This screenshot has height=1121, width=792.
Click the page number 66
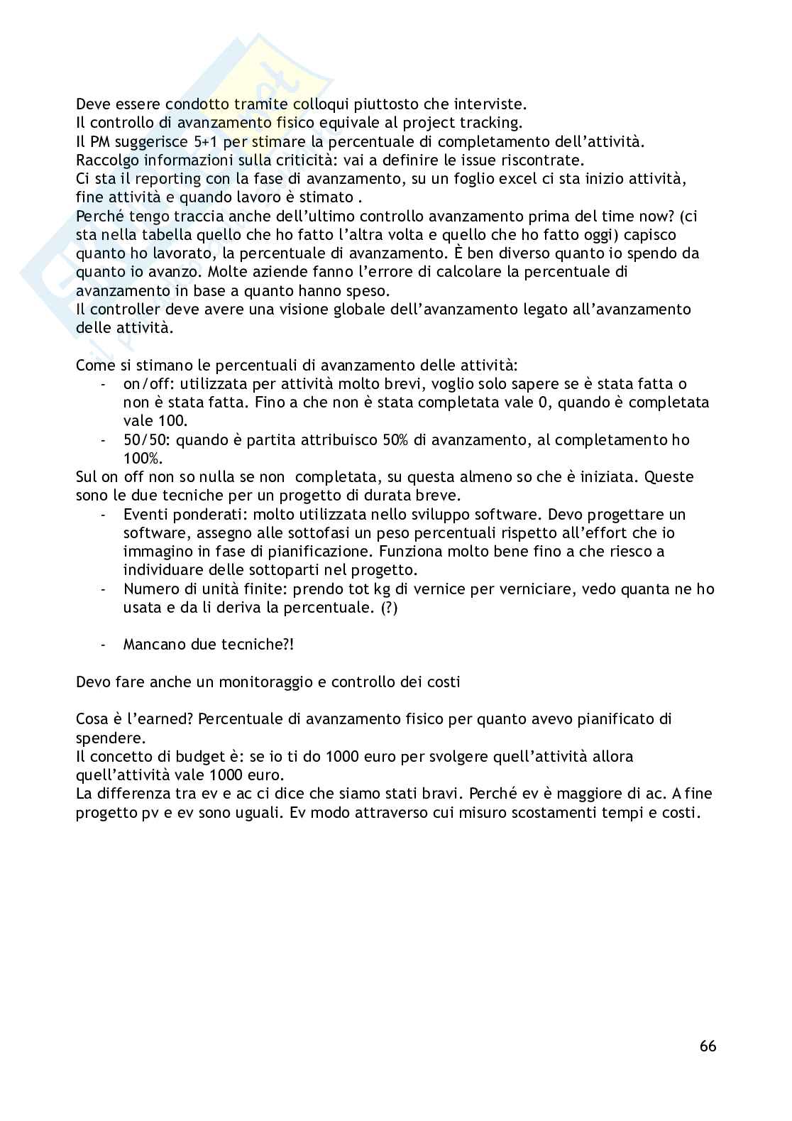pos(708,1046)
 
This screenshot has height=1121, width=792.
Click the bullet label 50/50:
pos(147,440)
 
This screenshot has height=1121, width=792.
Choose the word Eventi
pos(145,514)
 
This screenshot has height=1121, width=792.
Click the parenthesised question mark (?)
pos(387,608)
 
